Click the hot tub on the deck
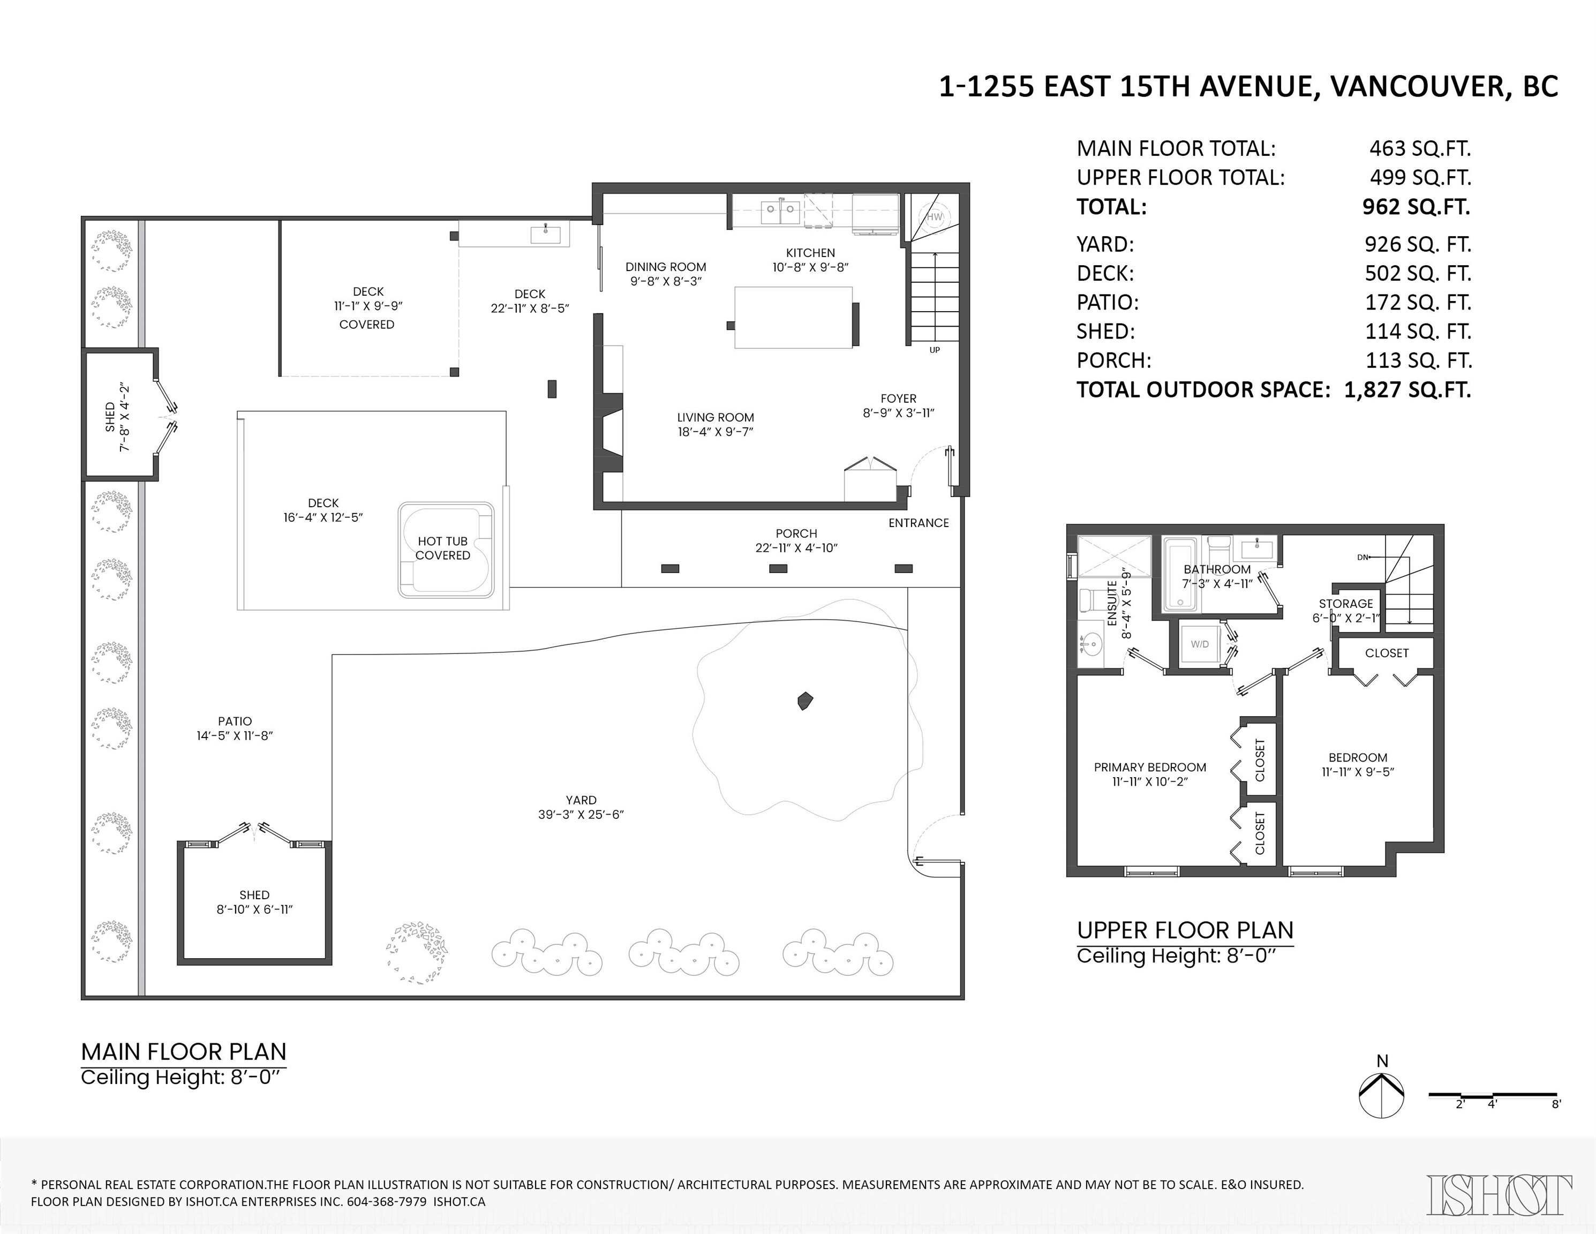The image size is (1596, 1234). point(446,550)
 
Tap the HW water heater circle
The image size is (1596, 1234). point(935,217)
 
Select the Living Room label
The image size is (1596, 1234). point(716,417)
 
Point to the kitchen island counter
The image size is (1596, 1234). point(793,318)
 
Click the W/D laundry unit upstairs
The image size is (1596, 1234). point(1200,644)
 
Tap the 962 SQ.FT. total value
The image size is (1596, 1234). point(1416,207)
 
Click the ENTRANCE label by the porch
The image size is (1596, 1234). point(919,523)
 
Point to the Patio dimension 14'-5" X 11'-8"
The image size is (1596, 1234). point(235,736)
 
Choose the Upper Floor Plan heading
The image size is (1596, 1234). point(1185,930)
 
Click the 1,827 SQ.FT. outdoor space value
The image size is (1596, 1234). point(1407,389)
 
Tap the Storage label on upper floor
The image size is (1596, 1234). point(1346,604)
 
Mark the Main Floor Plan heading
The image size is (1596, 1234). point(183,1051)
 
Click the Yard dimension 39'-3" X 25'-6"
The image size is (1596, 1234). point(581,815)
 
